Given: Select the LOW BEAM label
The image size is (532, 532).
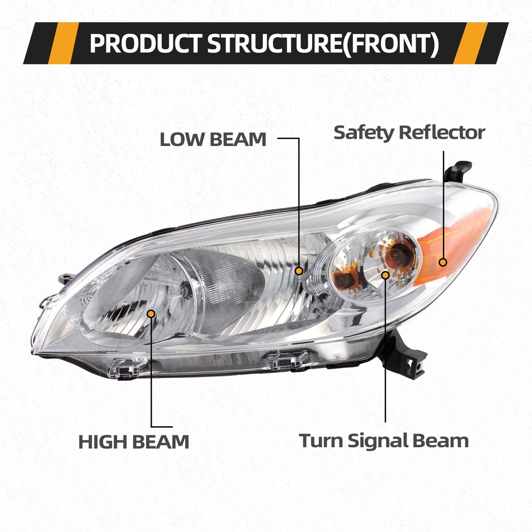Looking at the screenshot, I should coord(213,139).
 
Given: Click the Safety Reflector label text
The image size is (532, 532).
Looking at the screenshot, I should coord(409,132).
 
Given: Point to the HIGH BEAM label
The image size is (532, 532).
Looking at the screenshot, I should coord(134,442).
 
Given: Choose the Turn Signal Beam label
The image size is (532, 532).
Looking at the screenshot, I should coord(384,440).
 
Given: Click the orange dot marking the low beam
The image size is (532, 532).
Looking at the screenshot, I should coord(300,271).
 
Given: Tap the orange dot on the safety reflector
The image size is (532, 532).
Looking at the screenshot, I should coord(443,261).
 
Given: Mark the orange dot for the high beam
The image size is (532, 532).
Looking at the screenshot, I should coord(151,313).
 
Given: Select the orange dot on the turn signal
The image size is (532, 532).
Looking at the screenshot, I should coord(386,275).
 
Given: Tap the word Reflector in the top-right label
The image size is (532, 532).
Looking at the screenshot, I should coord(442,132).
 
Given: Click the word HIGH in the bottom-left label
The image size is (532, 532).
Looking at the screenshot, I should coord(101,442).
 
